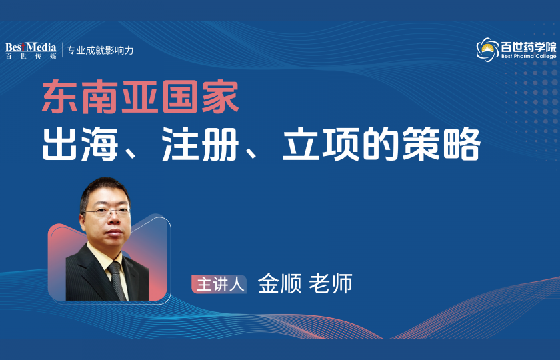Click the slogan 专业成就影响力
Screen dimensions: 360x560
[x=100, y=50]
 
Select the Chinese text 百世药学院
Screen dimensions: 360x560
[x=528, y=47]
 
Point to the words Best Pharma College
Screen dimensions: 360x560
[x=528, y=57]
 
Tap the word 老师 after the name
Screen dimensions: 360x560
[x=331, y=283]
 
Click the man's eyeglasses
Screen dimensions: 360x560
[x=105, y=211]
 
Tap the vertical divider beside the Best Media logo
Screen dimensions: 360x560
[x=62, y=50]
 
